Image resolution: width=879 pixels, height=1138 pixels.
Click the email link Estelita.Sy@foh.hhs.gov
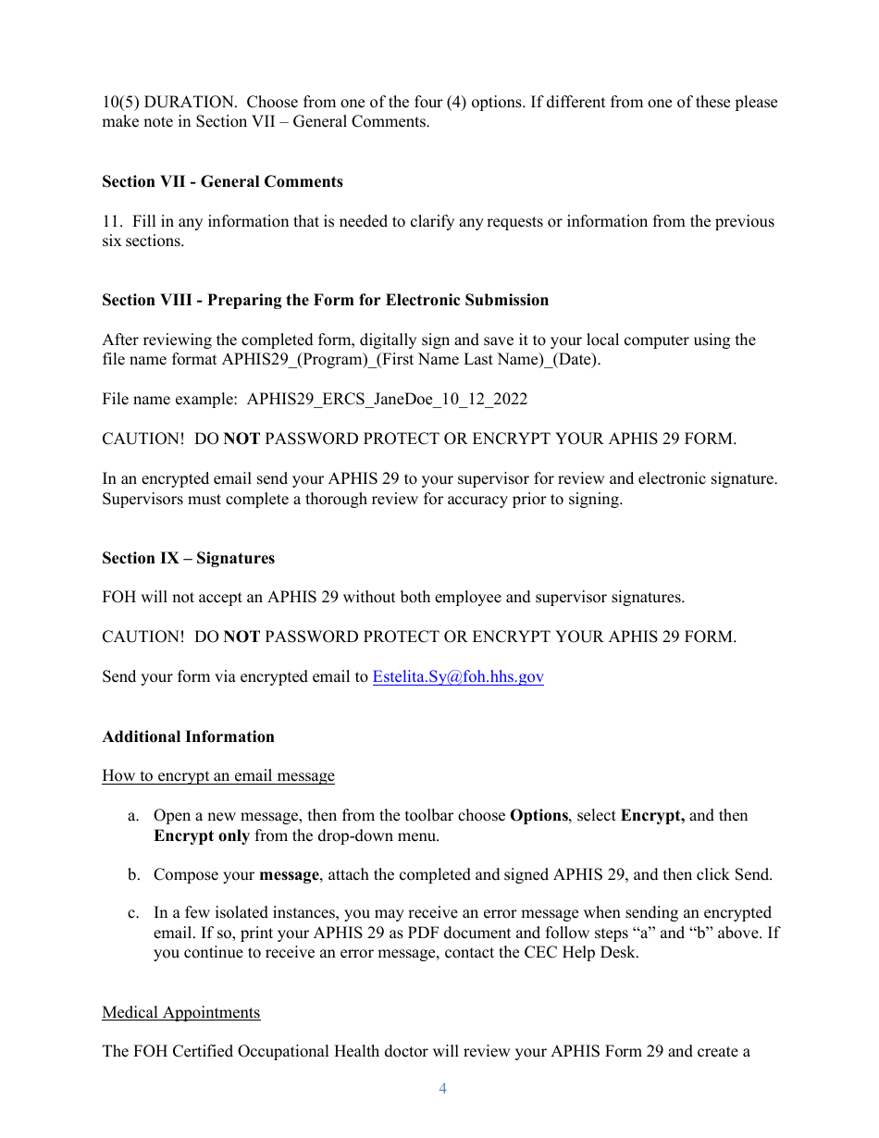click(457, 677)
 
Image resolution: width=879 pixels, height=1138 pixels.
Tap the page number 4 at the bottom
click(442, 1089)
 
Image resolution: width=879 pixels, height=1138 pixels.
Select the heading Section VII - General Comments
click(222, 182)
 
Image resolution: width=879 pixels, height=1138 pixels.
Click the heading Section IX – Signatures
click(188, 559)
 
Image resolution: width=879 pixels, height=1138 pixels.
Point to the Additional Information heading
click(188, 737)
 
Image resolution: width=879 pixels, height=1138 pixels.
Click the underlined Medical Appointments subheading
click(180, 1013)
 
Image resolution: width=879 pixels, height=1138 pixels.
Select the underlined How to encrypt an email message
click(217, 776)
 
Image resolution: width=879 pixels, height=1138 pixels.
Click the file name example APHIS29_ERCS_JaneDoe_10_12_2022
click(387, 400)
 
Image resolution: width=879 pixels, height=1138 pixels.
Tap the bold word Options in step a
click(539, 816)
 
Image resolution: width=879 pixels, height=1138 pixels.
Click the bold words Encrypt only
click(201, 836)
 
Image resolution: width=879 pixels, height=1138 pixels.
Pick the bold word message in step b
click(289, 875)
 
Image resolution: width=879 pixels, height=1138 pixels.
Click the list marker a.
click(133, 816)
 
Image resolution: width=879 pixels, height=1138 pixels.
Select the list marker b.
click(133, 875)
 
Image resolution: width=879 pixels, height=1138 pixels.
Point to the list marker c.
click(133, 913)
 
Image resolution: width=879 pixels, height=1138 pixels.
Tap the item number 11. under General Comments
click(112, 222)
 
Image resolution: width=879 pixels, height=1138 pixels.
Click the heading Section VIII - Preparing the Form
click(325, 301)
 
